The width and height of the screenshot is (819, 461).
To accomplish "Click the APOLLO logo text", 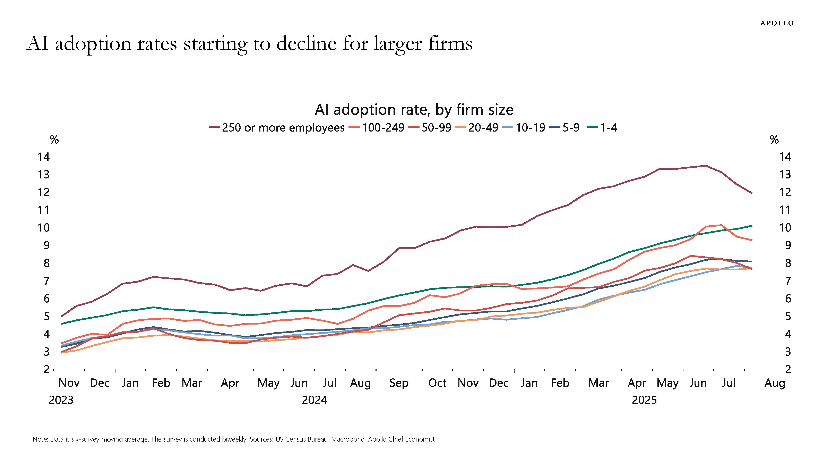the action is click(x=777, y=23).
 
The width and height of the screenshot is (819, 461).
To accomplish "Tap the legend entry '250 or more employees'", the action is click(x=277, y=128).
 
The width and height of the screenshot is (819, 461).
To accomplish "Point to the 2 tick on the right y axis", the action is click(x=788, y=369).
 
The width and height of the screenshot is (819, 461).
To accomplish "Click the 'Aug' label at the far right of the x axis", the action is click(x=775, y=383).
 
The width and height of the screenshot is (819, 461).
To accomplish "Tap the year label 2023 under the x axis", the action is click(x=61, y=400).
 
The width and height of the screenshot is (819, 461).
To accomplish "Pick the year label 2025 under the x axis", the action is click(x=644, y=400).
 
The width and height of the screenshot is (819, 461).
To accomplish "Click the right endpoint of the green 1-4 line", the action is click(x=752, y=226).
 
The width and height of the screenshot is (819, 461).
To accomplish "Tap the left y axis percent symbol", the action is click(x=54, y=140).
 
